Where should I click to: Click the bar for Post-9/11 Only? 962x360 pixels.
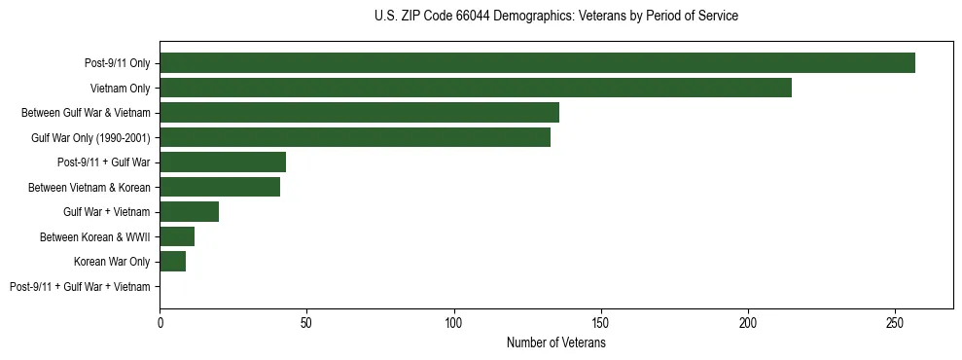[x=537, y=62]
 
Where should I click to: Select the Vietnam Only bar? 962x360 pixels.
[x=476, y=88]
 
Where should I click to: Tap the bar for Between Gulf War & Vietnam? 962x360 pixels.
[x=359, y=112]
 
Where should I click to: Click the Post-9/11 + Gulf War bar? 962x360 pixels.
[x=223, y=162]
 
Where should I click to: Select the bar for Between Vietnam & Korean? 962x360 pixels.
[x=220, y=187]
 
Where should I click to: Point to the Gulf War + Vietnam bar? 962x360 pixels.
[x=190, y=211]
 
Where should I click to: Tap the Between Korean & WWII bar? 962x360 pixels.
[x=177, y=236]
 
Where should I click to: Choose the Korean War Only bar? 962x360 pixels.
[x=173, y=261]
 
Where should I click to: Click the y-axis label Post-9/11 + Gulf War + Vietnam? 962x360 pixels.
[x=80, y=287]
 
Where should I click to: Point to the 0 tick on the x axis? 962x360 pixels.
[x=160, y=321]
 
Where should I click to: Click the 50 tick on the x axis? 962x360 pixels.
[x=306, y=321]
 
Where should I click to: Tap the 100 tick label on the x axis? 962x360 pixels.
[x=453, y=321]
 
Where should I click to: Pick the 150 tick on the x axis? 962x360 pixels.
[x=601, y=321]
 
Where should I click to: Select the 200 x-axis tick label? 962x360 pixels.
[x=748, y=321]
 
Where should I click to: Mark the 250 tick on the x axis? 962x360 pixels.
[x=895, y=321]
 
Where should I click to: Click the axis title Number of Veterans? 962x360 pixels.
[x=555, y=342]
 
